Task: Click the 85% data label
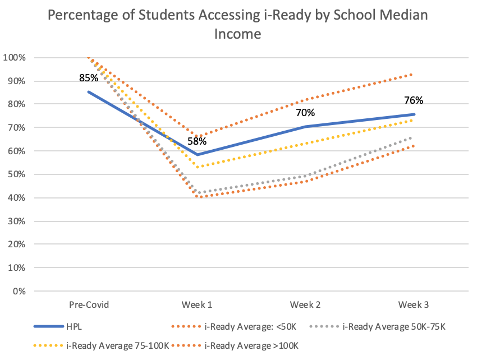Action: tap(89, 76)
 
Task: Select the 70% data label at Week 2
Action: tap(305, 113)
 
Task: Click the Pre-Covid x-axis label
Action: tap(89, 304)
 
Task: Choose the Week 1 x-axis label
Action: tap(196, 304)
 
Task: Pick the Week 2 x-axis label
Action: tap(305, 304)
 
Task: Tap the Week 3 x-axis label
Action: tap(414, 304)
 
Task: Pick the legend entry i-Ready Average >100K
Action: tap(250, 345)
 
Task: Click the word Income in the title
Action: tap(238, 34)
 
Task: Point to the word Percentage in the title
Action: tap(79, 15)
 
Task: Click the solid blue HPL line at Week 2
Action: tap(305, 127)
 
